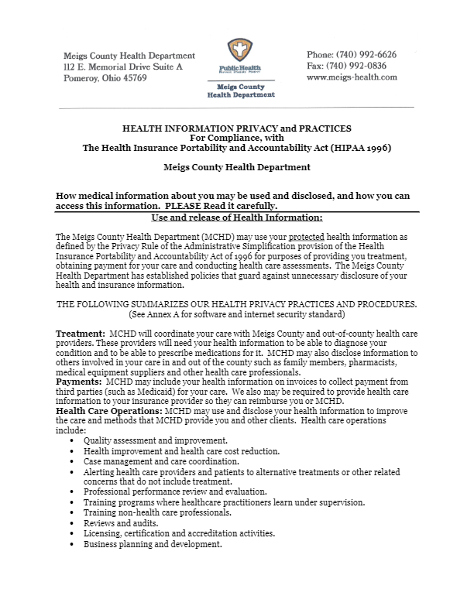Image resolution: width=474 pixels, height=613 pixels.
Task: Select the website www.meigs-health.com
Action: click(352, 77)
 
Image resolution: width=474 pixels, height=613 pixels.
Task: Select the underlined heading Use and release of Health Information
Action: click(237, 217)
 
